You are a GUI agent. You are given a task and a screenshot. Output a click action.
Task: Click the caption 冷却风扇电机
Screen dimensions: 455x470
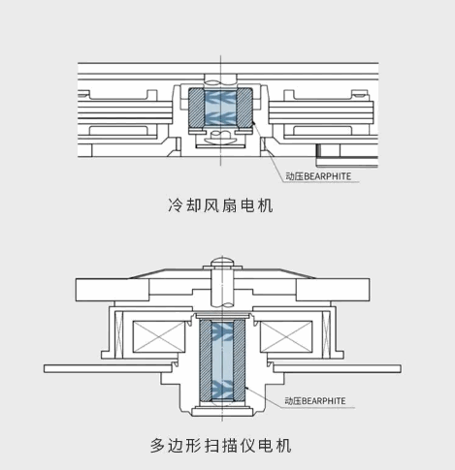click(220, 205)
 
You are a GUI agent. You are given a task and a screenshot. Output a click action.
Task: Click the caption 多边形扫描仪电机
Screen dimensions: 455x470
click(220, 446)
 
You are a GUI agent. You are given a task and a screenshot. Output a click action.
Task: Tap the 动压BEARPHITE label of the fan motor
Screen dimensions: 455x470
click(318, 176)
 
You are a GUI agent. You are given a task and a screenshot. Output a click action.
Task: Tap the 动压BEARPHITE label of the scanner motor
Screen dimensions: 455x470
click(315, 401)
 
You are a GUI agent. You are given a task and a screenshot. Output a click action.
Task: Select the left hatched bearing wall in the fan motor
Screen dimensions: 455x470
click(196, 109)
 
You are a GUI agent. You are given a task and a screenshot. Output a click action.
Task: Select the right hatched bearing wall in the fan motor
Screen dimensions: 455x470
click(244, 109)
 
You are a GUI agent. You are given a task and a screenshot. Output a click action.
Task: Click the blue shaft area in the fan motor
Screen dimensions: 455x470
click(220, 109)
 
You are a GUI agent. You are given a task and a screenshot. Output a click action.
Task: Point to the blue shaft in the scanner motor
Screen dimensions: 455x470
click(222, 360)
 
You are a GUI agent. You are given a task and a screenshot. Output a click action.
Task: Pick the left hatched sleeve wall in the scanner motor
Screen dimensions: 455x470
click(206, 360)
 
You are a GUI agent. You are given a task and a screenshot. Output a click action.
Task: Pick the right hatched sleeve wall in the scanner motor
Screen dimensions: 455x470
click(239, 360)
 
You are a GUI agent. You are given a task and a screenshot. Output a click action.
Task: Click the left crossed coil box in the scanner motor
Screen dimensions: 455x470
click(159, 336)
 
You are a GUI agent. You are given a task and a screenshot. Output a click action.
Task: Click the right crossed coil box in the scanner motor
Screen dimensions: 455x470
click(286, 336)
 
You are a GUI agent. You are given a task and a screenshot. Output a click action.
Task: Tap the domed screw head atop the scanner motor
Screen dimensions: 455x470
click(222, 261)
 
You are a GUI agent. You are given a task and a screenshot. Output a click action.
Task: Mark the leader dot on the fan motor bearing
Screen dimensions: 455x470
click(253, 122)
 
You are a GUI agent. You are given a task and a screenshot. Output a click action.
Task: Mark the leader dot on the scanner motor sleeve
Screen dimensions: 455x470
click(245, 387)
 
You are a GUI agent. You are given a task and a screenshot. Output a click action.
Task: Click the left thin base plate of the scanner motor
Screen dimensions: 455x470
click(108, 368)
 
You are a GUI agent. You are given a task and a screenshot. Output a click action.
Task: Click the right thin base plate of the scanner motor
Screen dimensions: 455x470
click(338, 368)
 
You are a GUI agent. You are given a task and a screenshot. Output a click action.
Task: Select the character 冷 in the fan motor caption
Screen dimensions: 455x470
click(175, 205)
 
